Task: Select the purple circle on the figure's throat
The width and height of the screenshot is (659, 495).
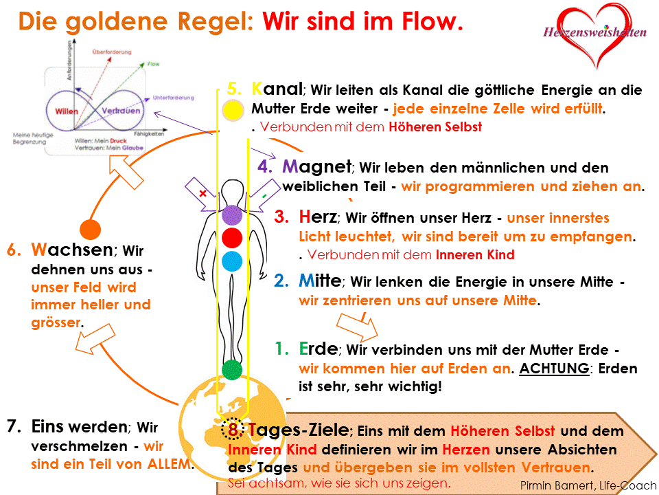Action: [233, 215]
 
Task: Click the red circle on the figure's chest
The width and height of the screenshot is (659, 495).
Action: [233, 238]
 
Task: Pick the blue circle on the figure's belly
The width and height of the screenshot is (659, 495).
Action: [233, 261]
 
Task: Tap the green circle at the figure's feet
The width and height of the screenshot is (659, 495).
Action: [233, 369]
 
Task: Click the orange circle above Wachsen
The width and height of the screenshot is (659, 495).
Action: [90, 228]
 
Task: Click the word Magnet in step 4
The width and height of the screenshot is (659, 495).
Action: [316, 166]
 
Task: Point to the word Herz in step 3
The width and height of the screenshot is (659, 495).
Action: [318, 217]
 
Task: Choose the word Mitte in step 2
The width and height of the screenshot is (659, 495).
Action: [319, 281]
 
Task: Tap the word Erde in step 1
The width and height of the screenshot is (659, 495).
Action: [318, 349]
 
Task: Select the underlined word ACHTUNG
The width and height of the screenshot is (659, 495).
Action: [554, 368]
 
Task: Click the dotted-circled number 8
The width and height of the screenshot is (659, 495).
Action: [233, 430]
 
